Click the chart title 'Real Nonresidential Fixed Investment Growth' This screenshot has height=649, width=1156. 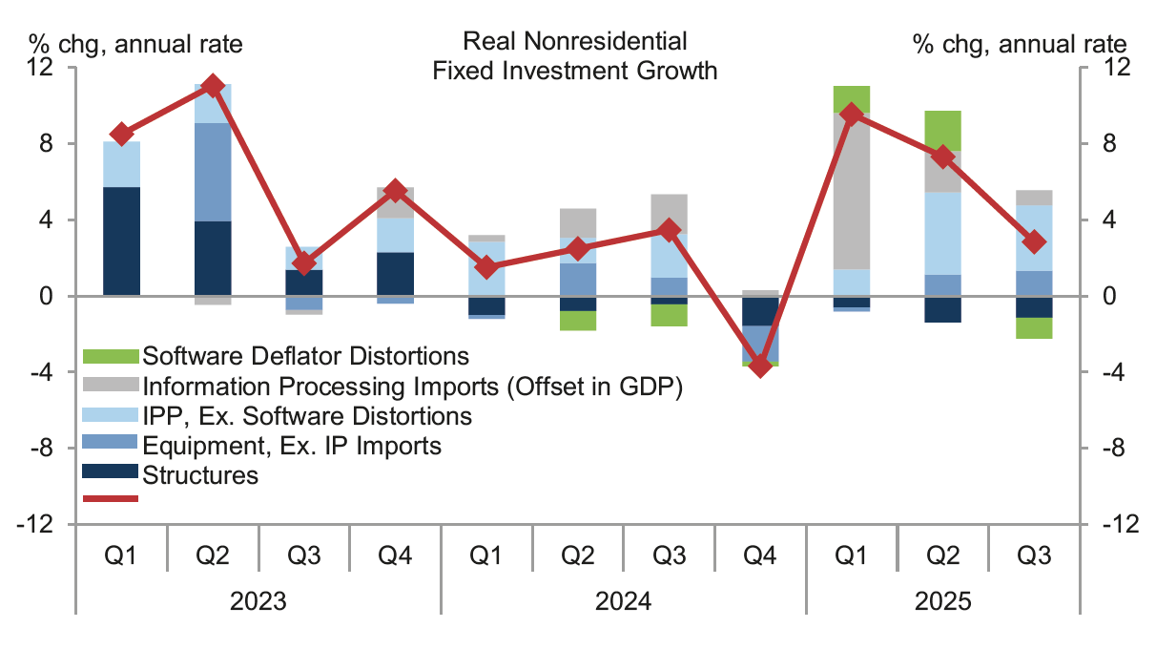(574, 55)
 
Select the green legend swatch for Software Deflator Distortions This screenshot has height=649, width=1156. (112, 356)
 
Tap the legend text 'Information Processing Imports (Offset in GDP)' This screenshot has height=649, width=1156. (413, 386)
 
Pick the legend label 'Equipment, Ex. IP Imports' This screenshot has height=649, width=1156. (292, 445)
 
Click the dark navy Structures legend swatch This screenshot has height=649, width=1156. (112, 474)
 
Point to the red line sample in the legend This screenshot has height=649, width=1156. (112, 498)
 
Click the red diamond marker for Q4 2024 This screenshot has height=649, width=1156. (760, 366)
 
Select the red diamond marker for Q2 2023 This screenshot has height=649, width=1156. (214, 86)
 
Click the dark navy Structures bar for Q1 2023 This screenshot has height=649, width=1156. (122, 241)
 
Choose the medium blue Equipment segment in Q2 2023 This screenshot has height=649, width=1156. (214, 172)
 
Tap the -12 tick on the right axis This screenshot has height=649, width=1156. (1111, 524)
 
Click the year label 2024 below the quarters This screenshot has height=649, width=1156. (623, 602)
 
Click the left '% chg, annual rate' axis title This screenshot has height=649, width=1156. (134, 43)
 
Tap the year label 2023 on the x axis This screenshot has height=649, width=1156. (258, 602)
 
